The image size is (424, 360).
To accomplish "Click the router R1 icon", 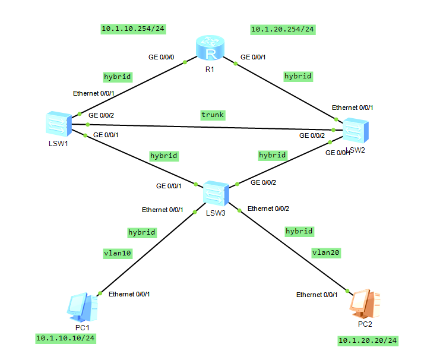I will (210, 49).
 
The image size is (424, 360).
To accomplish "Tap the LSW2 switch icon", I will (355, 130).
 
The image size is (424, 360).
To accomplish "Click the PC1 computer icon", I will (82, 308).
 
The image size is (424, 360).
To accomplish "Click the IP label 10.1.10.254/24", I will (132, 29).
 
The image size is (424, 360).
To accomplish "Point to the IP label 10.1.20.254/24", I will (283, 29).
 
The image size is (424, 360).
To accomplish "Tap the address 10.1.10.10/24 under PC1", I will (65, 338).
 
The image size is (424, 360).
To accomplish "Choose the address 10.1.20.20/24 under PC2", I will (368, 340).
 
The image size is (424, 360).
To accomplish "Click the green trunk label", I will (213, 114).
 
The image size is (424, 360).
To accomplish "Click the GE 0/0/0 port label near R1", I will (162, 58).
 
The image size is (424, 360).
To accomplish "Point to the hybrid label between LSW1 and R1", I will (117, 77).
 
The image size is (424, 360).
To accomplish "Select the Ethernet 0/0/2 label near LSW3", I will (268, 209).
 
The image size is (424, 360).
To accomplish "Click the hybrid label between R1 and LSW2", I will (298, 76).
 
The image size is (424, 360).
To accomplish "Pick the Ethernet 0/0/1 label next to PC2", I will (317, 295).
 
